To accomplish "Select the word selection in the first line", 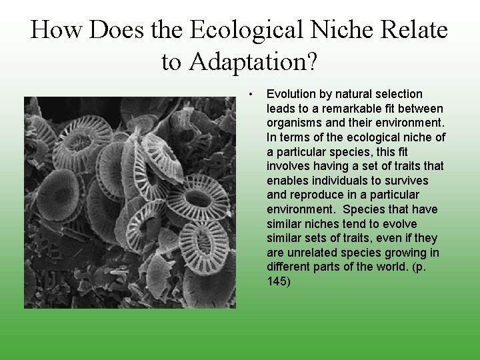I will point(397,94).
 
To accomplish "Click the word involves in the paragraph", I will point(288,166).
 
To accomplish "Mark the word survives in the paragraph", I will point(407,181).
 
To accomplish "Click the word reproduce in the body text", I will point(315,195).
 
